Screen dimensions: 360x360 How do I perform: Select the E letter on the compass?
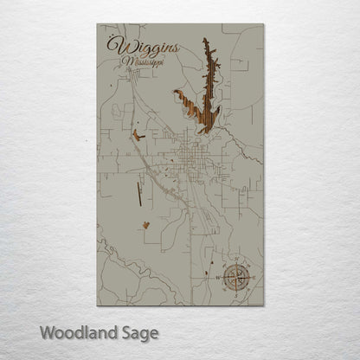252,277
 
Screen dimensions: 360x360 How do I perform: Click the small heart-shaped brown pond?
146,226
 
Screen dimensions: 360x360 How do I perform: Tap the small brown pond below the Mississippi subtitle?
137,134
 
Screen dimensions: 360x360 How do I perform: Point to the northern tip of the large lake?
205,40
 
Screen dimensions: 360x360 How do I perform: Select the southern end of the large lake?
204,130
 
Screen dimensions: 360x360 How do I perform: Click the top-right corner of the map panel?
263,24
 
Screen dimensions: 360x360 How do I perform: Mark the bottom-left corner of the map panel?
97,305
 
